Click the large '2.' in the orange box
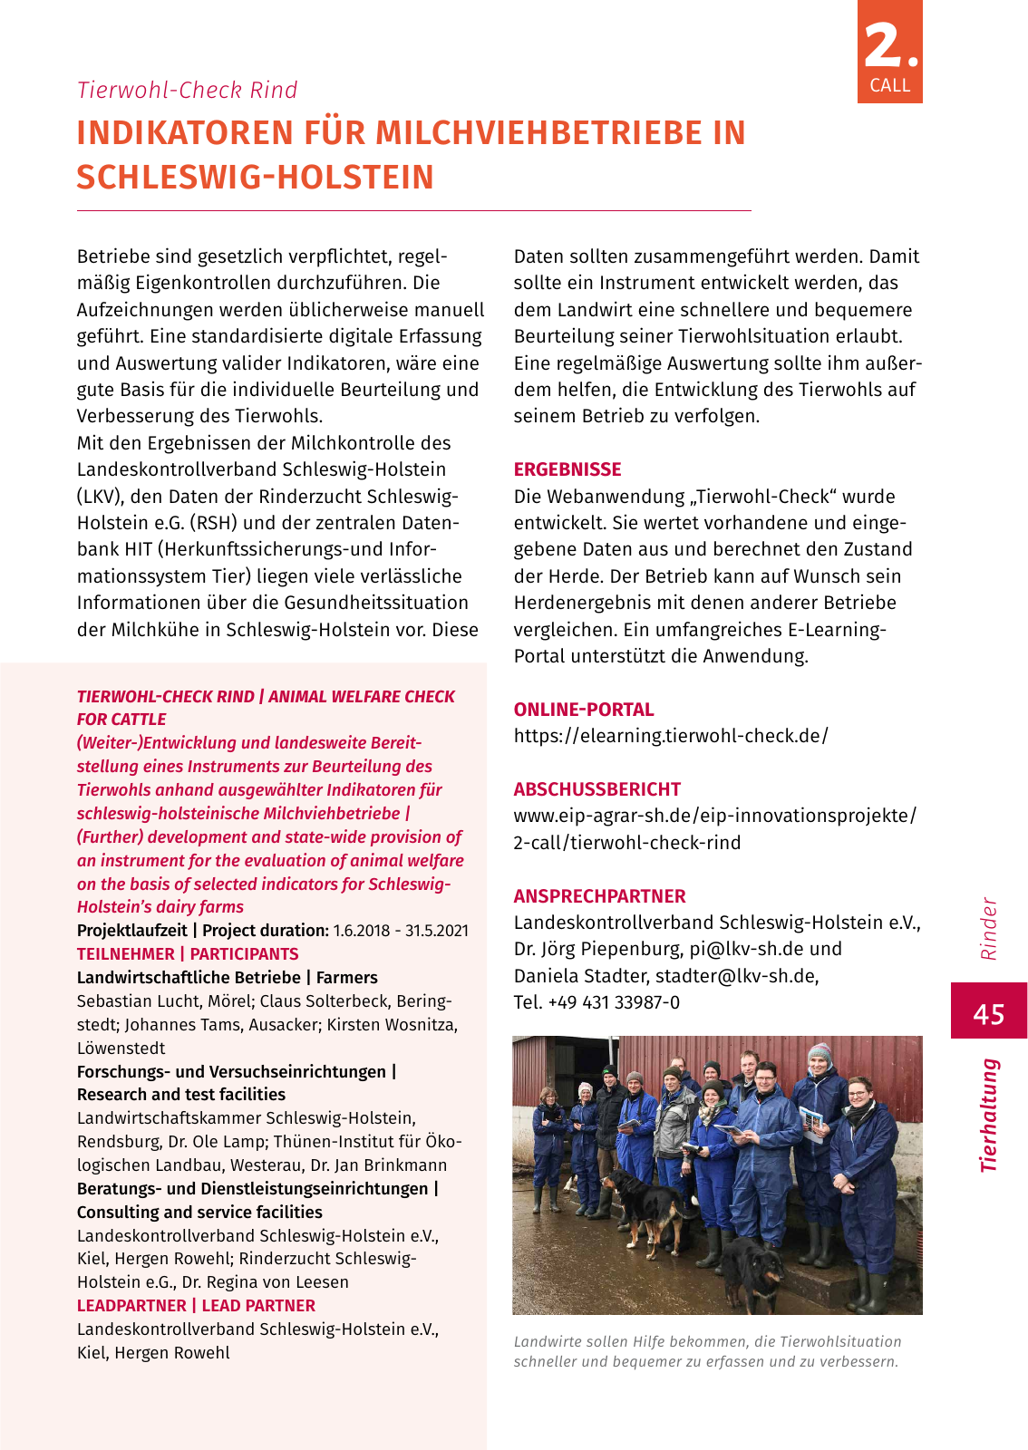point(889,45)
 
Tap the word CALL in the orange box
point(889,85)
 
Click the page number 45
point(988,1012)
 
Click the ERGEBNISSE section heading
point(567,469)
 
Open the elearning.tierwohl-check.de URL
point(671,736)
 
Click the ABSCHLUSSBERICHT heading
point(596,789)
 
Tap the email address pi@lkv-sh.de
point(740,949)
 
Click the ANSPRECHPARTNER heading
point(599,896)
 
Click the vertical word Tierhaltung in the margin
point(988,1116)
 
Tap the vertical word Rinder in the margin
point(988,929)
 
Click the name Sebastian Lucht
point(127,1001)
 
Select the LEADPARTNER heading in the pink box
point(131,1306)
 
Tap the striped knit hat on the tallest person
point(819,1053)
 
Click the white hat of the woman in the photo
point(586,1087)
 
